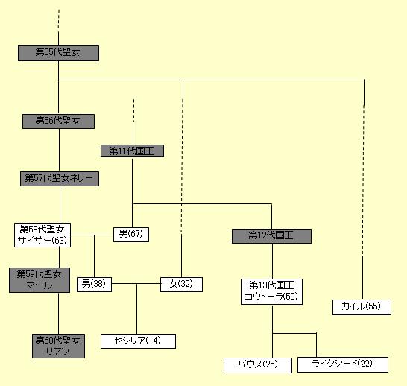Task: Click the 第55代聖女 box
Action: [x=58, y=54]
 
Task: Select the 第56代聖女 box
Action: [x=58, y=121]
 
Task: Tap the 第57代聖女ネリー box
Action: [x=60, y=179]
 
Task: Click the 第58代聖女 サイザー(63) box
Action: [x=42, y=235]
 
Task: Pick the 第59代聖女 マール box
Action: [x=40, y=280]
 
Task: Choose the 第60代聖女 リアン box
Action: [x=58, y=346]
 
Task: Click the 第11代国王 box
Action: [x=132, y=151]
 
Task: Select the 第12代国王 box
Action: [x=271, y=236]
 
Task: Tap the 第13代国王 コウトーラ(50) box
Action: [x=271, y=291]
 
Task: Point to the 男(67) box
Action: [x=131, y=235]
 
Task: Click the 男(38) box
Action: [x=94, y=285]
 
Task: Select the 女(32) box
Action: [x=181, y=285]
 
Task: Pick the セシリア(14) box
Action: [x=138, y=341]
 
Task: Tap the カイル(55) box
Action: [x=362, y=308]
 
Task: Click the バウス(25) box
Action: [x=258, y=365]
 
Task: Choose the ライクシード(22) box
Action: [x=343, y=364]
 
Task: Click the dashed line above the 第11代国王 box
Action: [x=133, y=111]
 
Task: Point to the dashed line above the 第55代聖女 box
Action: [x=59, y=21]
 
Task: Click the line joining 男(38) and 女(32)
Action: [x=136, y=283]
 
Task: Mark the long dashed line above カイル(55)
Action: [x=363, y=180]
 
